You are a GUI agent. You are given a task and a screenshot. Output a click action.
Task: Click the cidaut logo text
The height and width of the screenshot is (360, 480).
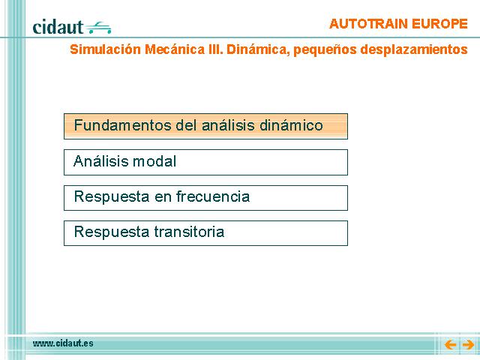tap(58, 27)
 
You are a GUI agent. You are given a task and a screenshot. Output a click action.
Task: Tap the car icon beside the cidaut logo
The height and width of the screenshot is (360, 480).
tap(98, 28)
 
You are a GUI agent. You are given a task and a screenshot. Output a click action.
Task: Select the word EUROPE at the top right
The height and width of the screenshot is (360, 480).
tap(439, 24)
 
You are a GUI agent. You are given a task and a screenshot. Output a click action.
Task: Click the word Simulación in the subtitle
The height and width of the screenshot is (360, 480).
tap(105, 49)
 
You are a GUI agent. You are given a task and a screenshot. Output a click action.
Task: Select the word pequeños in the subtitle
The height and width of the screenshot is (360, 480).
tap(325, 50)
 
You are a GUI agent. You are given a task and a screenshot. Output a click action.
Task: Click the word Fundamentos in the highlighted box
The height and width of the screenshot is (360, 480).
tap(123, 125)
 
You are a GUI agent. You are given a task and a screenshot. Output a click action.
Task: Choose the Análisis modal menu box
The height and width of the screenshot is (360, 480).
tap(205, 162)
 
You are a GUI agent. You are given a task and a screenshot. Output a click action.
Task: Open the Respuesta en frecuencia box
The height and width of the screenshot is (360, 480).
tap(205, 198)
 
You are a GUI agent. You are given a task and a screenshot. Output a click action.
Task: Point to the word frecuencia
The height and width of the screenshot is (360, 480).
tap(213, 196)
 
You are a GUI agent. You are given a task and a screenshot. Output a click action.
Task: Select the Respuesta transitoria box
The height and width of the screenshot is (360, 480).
tap(205, 233)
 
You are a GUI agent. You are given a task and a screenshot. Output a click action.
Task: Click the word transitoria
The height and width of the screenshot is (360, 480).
tap(189, 232)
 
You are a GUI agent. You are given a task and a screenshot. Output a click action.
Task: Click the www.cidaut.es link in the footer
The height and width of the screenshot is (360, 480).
tap(63, 343)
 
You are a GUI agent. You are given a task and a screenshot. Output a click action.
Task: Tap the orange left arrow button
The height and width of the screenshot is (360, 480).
tap(450, 345)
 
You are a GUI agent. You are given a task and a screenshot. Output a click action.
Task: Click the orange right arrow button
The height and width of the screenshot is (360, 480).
tap(468, 345)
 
